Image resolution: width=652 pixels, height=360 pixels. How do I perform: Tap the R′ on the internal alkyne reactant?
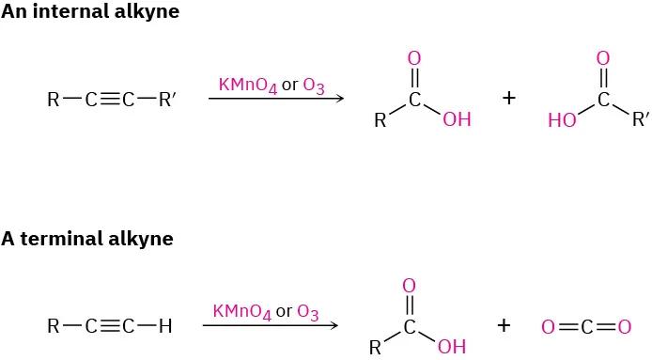coord(167,98)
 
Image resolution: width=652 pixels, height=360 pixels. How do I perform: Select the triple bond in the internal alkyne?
coord(109,98)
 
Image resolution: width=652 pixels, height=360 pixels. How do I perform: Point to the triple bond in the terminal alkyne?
coord(109,326)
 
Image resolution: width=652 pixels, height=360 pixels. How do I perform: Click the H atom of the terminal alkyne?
coord(166,326)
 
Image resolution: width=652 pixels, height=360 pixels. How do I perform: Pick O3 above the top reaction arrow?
coord(314,86)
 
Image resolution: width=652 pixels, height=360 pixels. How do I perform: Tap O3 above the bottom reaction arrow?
coord(308,311)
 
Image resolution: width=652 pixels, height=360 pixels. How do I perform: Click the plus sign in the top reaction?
coord(509,97)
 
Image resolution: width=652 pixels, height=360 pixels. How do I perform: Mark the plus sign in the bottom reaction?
coord(504,325)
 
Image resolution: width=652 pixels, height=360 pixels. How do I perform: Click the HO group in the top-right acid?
coord(562,120)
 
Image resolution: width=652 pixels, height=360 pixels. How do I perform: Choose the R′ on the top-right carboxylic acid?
coord(640,119)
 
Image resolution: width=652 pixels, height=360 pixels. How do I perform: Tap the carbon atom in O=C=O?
coord(585,327)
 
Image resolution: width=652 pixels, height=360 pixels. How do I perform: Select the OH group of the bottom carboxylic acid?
coord(451,347)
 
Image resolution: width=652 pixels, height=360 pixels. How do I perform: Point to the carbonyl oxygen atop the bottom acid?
coord(409,286)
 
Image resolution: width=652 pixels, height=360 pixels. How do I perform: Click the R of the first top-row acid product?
coord(380,120)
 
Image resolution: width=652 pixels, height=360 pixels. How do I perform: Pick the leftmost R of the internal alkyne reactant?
coord(53,98)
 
